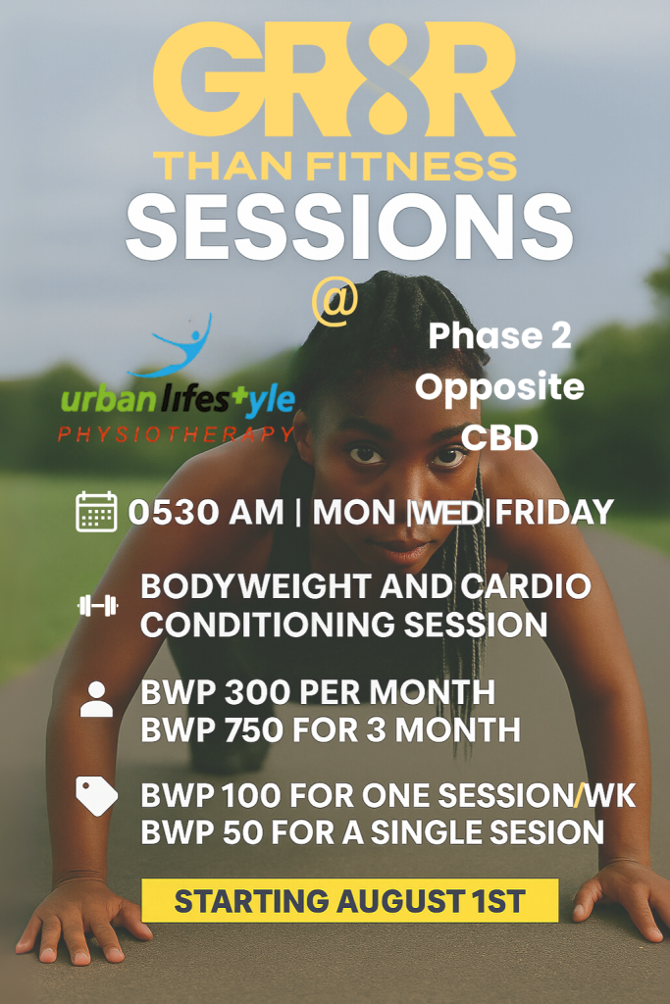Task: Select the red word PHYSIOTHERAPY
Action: (176, 433)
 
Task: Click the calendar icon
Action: (96, 512)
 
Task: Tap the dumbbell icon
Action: (97, 606)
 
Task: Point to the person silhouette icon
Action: (96, 700)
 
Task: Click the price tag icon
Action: (96, 796)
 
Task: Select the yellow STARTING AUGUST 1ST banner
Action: (349, 900)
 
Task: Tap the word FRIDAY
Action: (554, 513)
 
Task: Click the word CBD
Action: (499, 437)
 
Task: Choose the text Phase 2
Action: (499, 336)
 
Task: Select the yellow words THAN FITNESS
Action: (335, 165)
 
